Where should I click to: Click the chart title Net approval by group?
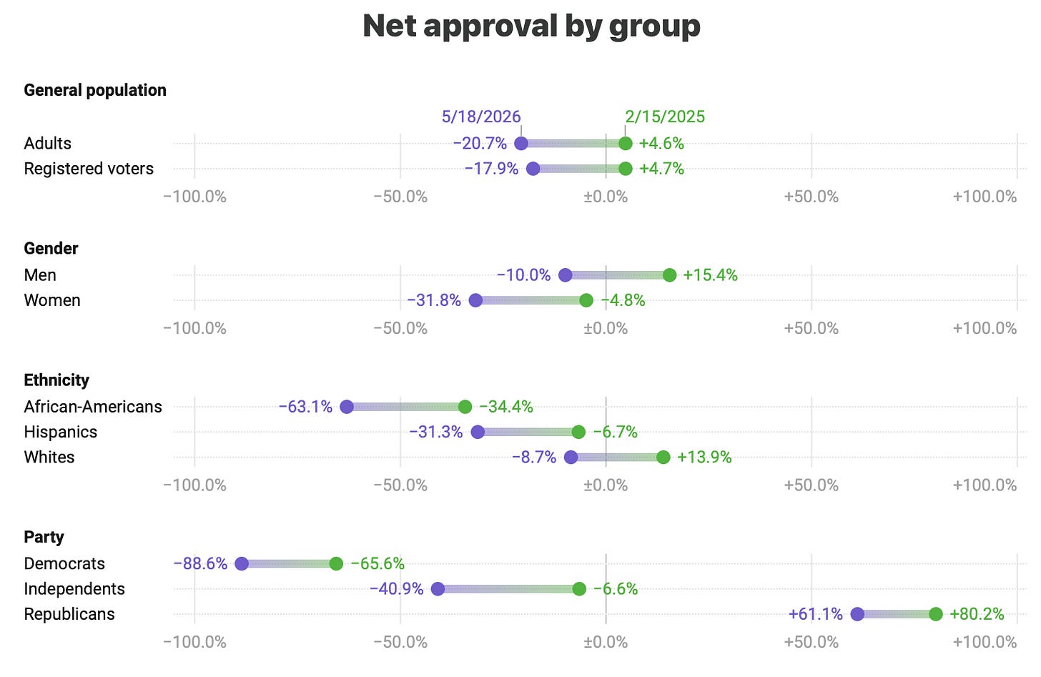pyautogui.click(x=531, y=26)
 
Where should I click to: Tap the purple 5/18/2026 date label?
pyautogui.click(x=481, y=117)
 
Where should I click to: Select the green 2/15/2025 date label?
pyautogui.click(x=665, y=117)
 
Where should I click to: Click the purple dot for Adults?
pyautogui.click(x=521, y=143)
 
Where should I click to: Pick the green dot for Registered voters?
pyautogui.click(x=626, y=169)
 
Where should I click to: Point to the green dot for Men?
pyautogui.click(x=669, y=275)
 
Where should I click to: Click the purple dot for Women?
pyautogui.click(x=475, y=300)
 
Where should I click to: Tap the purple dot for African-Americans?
pyautogui.click(x=347, y=407)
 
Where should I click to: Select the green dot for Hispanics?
pyautogui.click(x=578, y=432)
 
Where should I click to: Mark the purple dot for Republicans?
pyautogui.click(x=857, y=614)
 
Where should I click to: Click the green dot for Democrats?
pyautogui.click(x=336, y=563)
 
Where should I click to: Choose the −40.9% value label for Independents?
pyautogui.click(x=396, y=589)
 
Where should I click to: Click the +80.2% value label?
pyautogui.click(x=977, y=614)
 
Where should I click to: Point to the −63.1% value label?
pyautogui.click(x=305, y=407)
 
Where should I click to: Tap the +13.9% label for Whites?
pyautogui.click(x=704, y=458)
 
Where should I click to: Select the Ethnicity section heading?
pyautogui.click(x=56, y=380)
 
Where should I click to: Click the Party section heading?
pyautogui.click(x=44, y=537)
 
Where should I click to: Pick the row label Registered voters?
pyautogui.click(x=89, y=169)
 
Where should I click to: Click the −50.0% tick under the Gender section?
pyautogui.click(x=400, y=329)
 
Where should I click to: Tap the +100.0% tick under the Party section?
pyautogui.click(x=985, y=642)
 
